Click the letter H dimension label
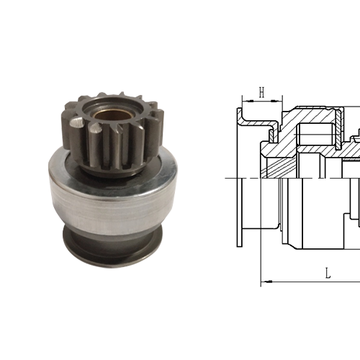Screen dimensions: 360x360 coord(262,91)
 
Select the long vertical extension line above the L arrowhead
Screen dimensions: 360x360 coord(260,238)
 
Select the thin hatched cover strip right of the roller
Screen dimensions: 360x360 coord(338,130)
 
